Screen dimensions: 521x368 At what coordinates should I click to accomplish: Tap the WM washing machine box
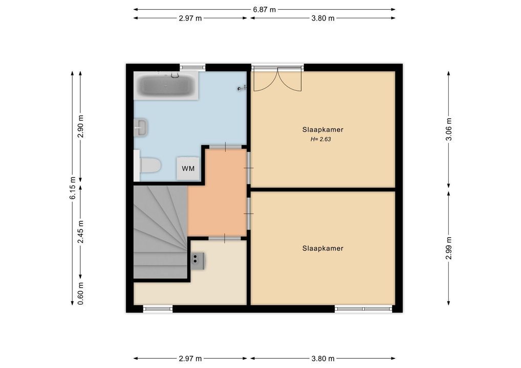coord(188,169)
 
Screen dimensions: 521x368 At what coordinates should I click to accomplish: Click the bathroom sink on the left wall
coord(141,127)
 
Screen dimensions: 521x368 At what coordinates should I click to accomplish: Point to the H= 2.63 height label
coord(321,140)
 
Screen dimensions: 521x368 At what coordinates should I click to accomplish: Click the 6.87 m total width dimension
coord(265,10)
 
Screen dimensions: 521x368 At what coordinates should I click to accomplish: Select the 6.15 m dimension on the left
coord(73,188)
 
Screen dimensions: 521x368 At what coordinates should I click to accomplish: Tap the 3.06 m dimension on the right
coord(448,129)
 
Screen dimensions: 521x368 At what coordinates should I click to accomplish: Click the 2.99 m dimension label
coord(448,248)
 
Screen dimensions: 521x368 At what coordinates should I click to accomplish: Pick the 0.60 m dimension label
coord(80,293)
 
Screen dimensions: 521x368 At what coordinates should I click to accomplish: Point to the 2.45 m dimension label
coord(80,232)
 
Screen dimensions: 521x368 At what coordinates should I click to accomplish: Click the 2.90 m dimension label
coord(80,126)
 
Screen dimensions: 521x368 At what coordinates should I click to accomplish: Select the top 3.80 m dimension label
coord(323,18)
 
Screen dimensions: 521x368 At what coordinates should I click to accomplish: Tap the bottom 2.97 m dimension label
coord(190,358)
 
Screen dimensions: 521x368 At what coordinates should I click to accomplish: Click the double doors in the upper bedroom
coord(278,80)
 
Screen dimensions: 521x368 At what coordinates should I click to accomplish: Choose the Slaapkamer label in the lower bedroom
coord(322,248)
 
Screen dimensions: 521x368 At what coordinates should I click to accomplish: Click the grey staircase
coord(160,232)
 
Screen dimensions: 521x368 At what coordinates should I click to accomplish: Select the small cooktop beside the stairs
coord(198,261)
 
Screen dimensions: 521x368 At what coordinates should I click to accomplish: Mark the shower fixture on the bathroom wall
coord(242,88)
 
